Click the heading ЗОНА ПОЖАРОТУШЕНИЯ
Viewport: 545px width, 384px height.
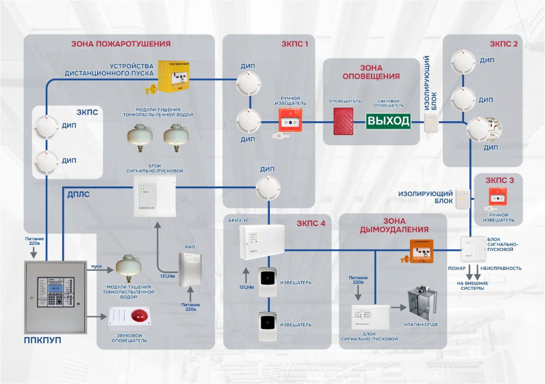pyautogui.click(x=121, y=44)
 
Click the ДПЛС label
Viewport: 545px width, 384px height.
pyautogui.click(x=78, y=195)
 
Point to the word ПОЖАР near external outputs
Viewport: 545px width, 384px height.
pyautogui.click(x=456, y=268)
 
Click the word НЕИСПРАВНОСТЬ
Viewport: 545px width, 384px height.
pyautogui.click(x=501, y=268)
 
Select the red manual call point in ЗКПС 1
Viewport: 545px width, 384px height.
pyautogui.click(x=290, y=121)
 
